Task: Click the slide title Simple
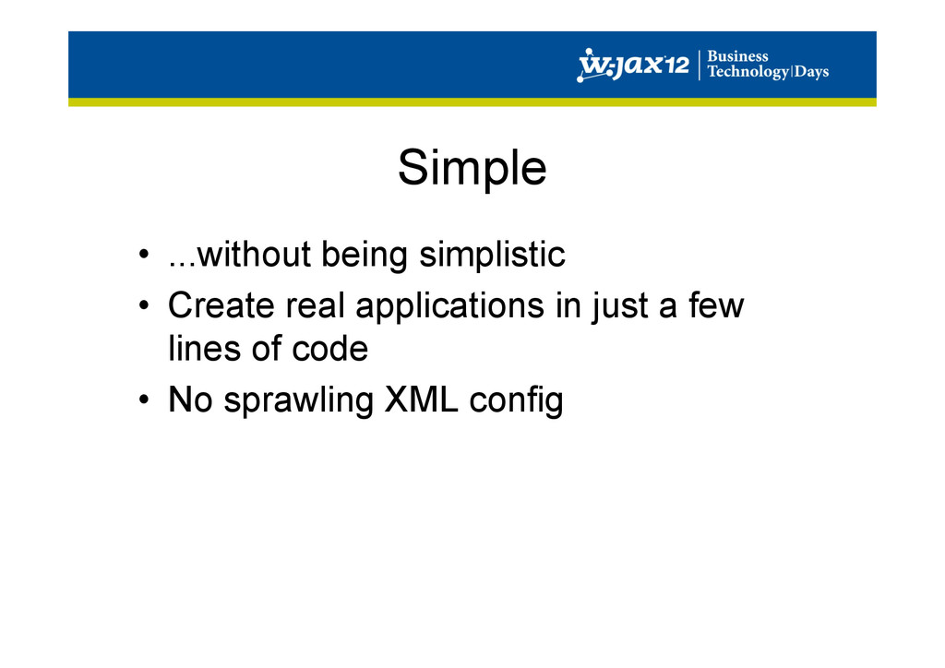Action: [x=472, y=168]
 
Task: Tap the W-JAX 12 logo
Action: [x=633, y=65]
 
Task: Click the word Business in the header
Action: [x=737, y=56]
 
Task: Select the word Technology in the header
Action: [x=748, y=72]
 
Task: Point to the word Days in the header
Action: [x=811, y=72]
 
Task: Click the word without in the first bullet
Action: [x=254, y=254]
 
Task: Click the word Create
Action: [x=221, y=305]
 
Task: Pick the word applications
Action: [x=449, y=306]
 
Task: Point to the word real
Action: [x=315, y=305]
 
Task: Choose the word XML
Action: [x=421, y=400]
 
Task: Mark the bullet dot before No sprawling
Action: [x=143, y=400]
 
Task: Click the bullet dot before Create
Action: [x=143, y=305]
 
